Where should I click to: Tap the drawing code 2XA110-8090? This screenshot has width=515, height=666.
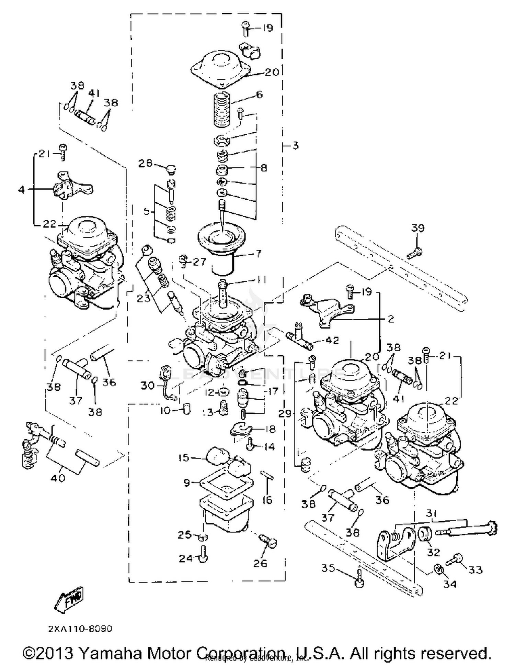[80, 629]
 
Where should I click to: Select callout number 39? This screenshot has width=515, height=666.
[417, 228]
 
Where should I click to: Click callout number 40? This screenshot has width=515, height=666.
[58, 478]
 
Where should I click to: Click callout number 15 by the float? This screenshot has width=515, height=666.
[184, 457]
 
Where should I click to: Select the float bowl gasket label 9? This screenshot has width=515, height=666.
[187, 483]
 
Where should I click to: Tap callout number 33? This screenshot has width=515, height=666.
[476, 569]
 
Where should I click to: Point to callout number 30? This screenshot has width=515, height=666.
[148, 386]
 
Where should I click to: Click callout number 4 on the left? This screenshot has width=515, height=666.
[22, 189]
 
